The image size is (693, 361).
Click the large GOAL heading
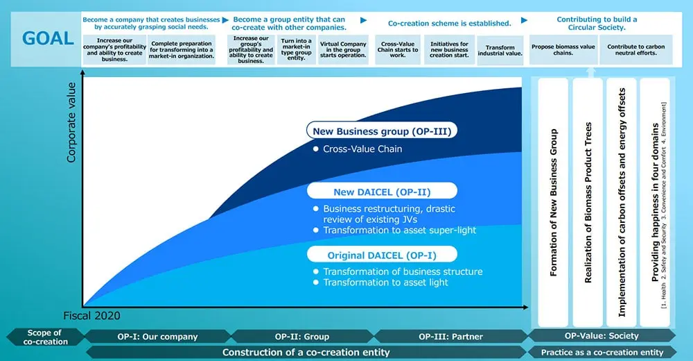click(x=48, y=39)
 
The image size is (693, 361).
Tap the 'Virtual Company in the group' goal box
click(x=343, y=49)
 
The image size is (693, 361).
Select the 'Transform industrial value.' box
click(x=500, y=51)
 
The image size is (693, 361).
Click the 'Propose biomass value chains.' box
click(x=563, y=49)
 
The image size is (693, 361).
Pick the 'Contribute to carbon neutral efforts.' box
click(x=635, y=49)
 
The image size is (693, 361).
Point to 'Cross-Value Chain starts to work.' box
click(x=397, y=49)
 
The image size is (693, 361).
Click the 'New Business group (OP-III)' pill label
click(x=382, y=131)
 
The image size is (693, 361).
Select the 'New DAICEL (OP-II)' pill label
click(x=382, y=192)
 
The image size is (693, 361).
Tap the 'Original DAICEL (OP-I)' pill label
click(x=382, y=255)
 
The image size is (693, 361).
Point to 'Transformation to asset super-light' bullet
click(x=395, y=230)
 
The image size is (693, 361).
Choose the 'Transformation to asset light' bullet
click(x=380, y=283)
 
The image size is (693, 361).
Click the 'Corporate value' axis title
click(x=71, y=122)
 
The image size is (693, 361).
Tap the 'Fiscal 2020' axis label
click(x=91, y=316)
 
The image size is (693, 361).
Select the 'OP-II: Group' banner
click(x=302, y=337)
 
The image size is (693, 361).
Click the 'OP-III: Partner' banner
click(x=451, y=337)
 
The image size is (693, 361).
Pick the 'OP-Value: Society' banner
click(x=602, y=336)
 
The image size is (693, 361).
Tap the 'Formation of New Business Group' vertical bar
click(x=553, y=203)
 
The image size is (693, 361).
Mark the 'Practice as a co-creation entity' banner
click(x=602, y=353)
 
